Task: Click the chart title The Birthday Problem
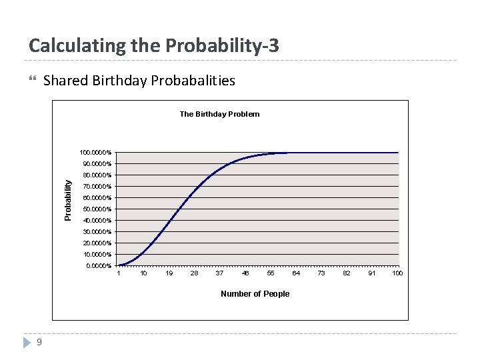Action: (219, 114)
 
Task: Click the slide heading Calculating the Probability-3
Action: (154, 46)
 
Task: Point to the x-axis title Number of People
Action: (255, 294)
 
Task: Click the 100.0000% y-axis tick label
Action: (95, 153)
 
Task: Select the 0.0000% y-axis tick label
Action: (99, 266)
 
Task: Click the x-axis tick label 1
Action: (119, 273)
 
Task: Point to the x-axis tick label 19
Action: (169, 273)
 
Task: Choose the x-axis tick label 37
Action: (220, 273)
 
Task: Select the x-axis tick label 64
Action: (296, 273)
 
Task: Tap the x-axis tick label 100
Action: (397, 273)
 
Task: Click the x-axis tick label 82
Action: (347, 273)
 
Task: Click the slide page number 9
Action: (39, 343)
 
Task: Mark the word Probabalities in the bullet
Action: (193, 81)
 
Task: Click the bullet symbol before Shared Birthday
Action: (33, 80)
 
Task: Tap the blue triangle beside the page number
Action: (26, 343)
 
